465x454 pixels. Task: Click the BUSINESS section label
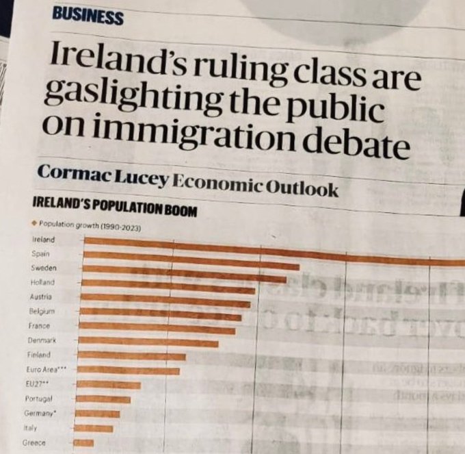pyautogui.click(x=87, y=16)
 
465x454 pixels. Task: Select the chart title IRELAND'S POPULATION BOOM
pyautogui.click(x=114, y=205)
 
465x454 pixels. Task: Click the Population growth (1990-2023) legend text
pyautogui.click(x=89, y=226)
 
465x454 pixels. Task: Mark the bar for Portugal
pyautogui.click(x=103, y=399)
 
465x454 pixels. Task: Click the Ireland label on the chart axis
pyautogui.click(x=44, y=240)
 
